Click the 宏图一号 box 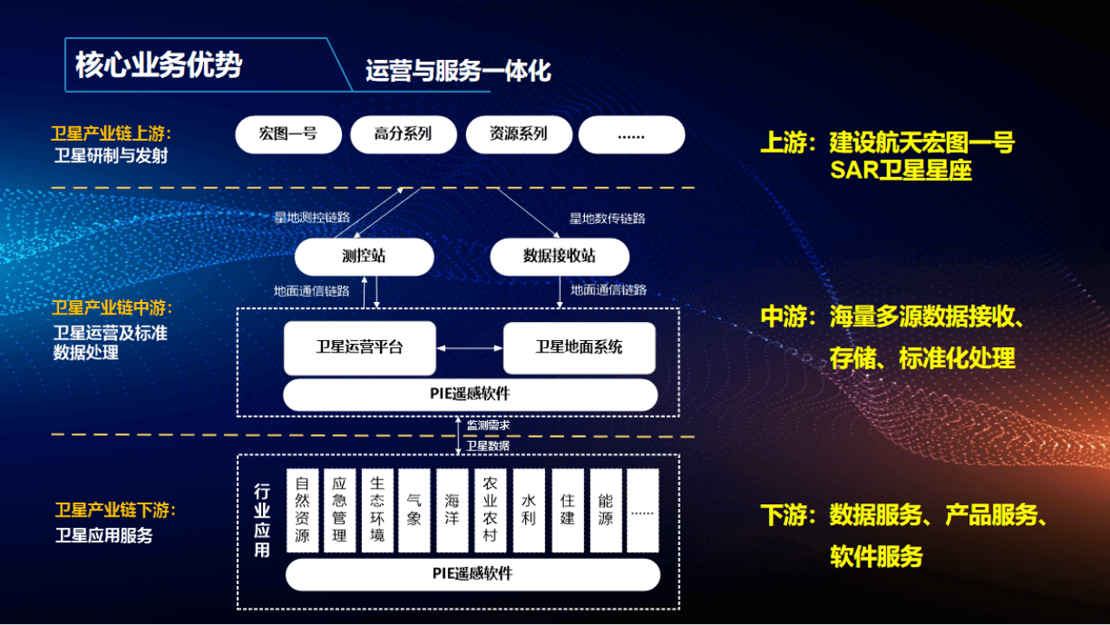pos(287,135)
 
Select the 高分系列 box pos(403,135)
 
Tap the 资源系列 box pos(518,135)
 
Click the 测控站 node pos(364,256)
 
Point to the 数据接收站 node pos(560,256)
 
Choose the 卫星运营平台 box pos(359,347)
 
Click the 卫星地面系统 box pos(579,347)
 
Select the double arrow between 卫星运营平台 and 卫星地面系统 pos(470,348)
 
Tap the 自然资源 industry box pos(302,511)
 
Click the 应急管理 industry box pos(339,511)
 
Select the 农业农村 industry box pos(490,511)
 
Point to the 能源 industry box pos(605,511)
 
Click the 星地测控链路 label pos(312,218)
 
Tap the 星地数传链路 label pos(608,219)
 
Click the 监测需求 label pos(489,425)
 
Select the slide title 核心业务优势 pos(159,66)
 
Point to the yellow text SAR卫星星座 pos(900,170)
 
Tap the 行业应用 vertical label pos(262,520)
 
